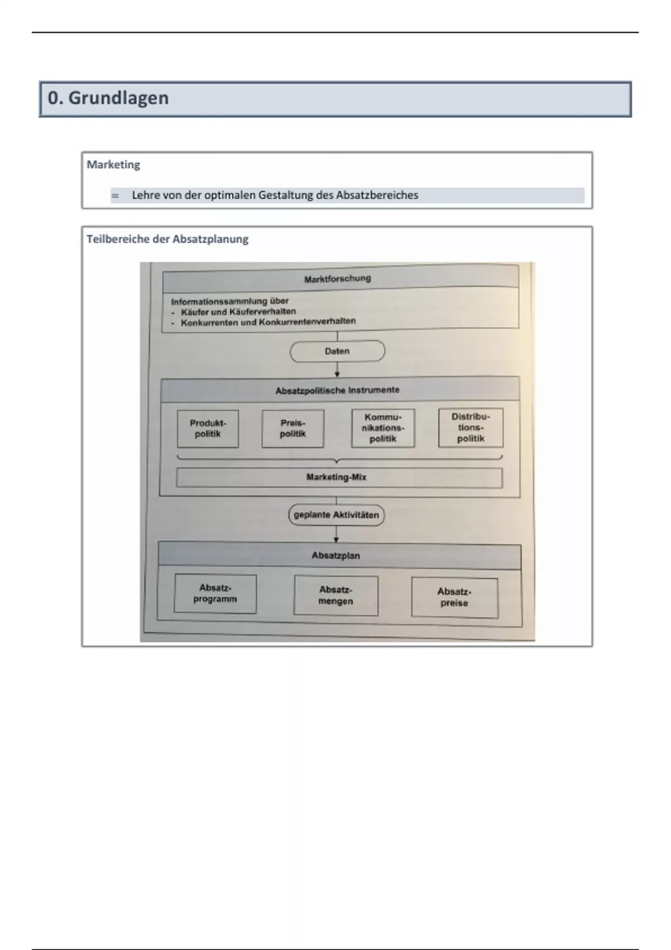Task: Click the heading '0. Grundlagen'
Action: (x=108, y=98)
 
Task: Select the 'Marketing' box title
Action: (x=113, y=165)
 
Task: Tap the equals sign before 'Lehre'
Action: (x=115, y=196)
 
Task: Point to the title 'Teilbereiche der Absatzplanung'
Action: (x=167, y=239)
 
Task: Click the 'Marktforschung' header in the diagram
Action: (x=337, y=278)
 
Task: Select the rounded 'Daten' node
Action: (x=337, y=351)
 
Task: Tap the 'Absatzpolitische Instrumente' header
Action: (x=337, y=390)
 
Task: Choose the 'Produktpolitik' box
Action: (x=208, y=429)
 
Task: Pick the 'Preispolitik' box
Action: (x=292, y=429)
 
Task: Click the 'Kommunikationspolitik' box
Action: (x=383, y=428)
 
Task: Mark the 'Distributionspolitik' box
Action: (x=470, y=427)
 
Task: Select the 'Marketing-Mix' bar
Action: (x=337, y=477)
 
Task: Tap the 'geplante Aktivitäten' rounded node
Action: (x=336, y=515)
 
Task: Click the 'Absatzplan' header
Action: (x=336, y=555)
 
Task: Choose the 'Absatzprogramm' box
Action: (x=215, y=593)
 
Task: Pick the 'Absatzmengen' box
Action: (x=335, y=596)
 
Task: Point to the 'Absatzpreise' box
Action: (x=454, y=597)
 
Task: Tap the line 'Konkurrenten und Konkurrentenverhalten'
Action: (x=268, y=322)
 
